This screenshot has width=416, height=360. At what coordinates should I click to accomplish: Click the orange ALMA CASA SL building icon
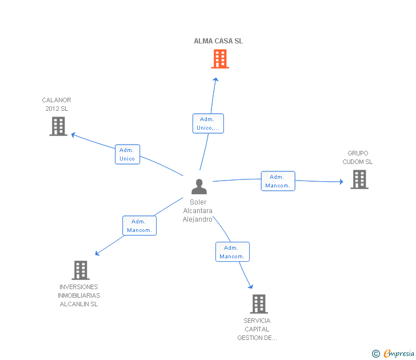pos(220,59)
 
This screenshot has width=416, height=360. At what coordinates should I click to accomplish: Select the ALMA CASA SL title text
pos(218,41)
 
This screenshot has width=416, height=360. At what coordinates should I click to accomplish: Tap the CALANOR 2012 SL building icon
pos(58,126)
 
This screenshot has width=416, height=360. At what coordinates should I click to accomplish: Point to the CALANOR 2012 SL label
pos(57,104)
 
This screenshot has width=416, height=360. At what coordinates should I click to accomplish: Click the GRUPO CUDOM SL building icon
pos(359,179)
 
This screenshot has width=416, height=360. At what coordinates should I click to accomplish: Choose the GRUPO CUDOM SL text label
pos(357,157)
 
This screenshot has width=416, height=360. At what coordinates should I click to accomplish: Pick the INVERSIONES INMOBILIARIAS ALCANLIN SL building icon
pos(81,270)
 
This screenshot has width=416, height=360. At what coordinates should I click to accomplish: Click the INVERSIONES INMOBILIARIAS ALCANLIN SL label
pos(79,295)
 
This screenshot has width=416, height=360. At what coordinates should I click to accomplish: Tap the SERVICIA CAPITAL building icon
pos(259,304)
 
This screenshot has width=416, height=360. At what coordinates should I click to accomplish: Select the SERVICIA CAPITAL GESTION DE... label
pos(257,329)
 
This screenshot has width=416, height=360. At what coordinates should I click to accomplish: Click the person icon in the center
pos(199,186)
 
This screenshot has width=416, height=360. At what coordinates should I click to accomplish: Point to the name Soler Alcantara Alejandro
pos(198,211)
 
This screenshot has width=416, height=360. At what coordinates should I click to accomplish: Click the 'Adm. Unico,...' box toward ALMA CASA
pos(208,123)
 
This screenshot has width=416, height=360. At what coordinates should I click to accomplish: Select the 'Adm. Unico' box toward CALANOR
pos(127,154)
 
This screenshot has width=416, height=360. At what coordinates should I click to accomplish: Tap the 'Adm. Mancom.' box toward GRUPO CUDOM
pos(278,181)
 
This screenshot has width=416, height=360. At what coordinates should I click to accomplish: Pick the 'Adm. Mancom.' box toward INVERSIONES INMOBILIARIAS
pos(139,226)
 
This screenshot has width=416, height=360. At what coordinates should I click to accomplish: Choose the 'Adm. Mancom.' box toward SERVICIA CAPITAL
pos(233,252)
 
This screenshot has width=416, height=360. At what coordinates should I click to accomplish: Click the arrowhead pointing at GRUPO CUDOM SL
pos(342,182)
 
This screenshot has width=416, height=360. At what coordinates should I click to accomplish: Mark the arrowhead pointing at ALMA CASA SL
pos(215,79)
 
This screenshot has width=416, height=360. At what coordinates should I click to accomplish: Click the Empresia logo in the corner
pos(393,353)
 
